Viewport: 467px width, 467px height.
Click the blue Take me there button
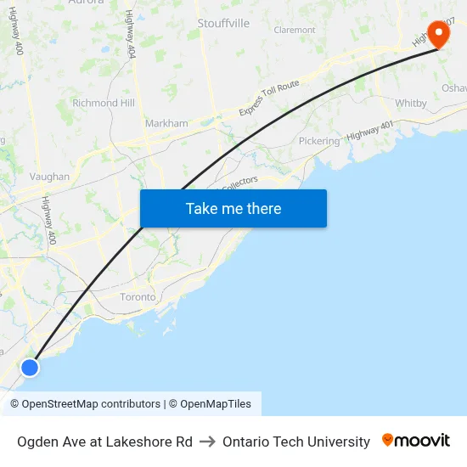[x=233, y=208]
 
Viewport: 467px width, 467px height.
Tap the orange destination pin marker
[x=438, y=35]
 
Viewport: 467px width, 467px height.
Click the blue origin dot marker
[x=30, y=367]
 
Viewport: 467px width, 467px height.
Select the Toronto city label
[x=138, y=297]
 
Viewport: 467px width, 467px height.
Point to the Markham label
[x=166, y=123]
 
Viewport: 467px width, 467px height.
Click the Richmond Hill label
[x=104, y=103]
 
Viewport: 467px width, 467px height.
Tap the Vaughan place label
[x=49, y=177]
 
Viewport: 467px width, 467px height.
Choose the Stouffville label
[x=223, y=23]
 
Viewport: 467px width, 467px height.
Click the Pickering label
[x=319, y=141]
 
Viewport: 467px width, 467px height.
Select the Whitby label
[x=411, y=103]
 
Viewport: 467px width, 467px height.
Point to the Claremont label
[x=295, y=30]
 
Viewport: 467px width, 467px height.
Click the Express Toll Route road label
[x=269, y=98]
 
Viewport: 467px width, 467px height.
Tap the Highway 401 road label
[x=370, y=131]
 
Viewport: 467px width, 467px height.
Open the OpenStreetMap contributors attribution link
[x=91, y=404]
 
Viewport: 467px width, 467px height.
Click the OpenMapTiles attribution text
[x=216, y=404]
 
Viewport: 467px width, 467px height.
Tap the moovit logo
[x=415, y=441]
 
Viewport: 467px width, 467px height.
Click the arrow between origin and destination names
[x=207, y=442]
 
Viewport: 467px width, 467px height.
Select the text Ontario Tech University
[x=296, y=442]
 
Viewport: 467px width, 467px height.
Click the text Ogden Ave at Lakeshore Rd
[x=104, y=442]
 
